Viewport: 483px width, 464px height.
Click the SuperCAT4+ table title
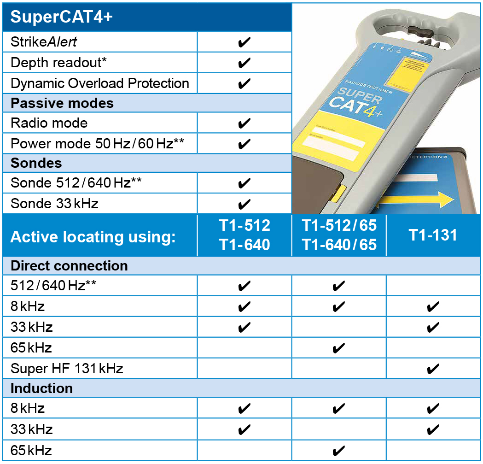coord(62,17)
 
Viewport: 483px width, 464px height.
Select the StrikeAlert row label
coord(44,42)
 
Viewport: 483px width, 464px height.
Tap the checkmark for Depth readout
coord(244,63)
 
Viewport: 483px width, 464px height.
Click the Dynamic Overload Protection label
coord(99,83)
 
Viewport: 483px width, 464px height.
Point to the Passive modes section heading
coord(62,103)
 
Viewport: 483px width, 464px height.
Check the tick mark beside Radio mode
coord(244,123)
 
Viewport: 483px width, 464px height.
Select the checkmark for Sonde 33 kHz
coord(244,204)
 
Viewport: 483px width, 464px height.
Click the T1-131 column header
coord(433,235)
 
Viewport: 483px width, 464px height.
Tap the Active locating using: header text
coord(93,237)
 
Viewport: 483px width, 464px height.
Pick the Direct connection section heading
coord(69,266)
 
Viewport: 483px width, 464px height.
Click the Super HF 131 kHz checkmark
coord(433,368)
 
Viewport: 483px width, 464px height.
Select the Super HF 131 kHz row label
coord(67,368)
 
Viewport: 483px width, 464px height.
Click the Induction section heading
coord(41,388)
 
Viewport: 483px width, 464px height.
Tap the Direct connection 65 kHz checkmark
coord(338,348)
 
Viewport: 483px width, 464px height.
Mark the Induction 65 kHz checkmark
coord(338,450)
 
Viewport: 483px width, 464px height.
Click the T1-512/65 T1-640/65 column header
coord(339,235)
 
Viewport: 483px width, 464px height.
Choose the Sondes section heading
coord(36,163)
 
